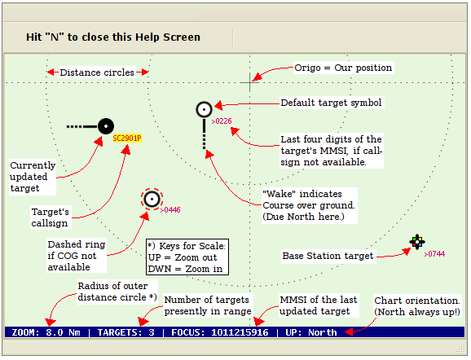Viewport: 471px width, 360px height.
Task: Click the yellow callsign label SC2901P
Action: coord(127,138)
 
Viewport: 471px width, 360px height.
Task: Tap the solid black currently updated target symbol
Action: coord(106,126)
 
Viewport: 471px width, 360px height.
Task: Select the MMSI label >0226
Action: coord(222,121)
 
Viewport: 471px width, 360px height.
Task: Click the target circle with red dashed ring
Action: coord(152,199)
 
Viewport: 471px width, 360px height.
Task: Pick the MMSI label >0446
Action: coord(170,210)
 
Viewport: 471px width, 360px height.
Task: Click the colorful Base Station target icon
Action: coord(417,242)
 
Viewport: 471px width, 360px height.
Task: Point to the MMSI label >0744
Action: coord(434,254)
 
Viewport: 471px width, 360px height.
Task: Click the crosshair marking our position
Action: coord(249,82)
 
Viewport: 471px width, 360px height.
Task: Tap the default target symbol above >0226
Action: coord(205,110)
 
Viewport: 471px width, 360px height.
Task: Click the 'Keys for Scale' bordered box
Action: coord(187,257)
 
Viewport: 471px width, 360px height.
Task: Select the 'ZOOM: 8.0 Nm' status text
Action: coord(46,332)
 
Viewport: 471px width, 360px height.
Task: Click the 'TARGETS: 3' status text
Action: coord(125,332)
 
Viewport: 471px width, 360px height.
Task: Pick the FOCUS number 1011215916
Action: coord(240,332)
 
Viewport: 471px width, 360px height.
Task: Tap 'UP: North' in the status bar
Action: coord(311,332)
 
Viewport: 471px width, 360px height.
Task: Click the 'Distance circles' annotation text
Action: coord(97,72)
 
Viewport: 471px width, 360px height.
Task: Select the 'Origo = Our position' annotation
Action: coord(343,68)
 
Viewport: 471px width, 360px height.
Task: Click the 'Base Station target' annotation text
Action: coord(328,256)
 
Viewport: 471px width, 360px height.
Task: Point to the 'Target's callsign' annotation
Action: coord(51,217)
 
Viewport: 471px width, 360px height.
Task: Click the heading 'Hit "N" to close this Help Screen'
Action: coord(113,37)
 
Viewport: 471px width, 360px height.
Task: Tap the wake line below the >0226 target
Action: coord(205,134)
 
